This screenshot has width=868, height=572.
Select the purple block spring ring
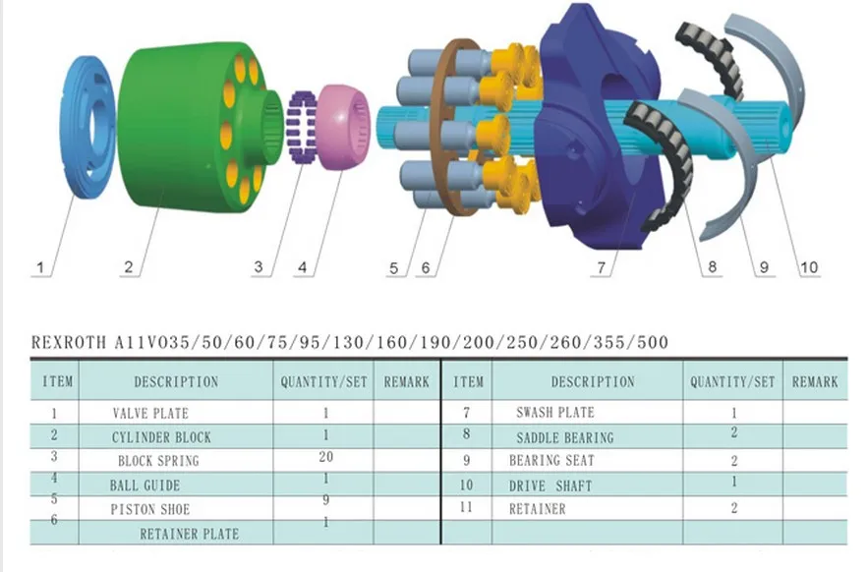coord(302,127)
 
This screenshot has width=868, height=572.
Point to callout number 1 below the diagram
coord(40,266)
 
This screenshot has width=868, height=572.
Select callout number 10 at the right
coord(808,266)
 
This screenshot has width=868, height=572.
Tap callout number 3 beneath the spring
coord(259,266)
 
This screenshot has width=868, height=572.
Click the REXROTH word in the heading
coord(68,343)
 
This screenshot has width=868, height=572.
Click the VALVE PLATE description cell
coord(149,413)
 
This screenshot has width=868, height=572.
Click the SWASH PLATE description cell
coord(554,413)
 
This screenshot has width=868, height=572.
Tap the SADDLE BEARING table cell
coord(564,436)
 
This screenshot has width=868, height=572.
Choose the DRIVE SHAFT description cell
coord(551,485)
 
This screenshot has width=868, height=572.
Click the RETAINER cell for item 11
coord(537,508)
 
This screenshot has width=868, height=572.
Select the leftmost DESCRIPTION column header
coord(176,381)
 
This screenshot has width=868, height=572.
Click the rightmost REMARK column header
coord(815,381)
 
